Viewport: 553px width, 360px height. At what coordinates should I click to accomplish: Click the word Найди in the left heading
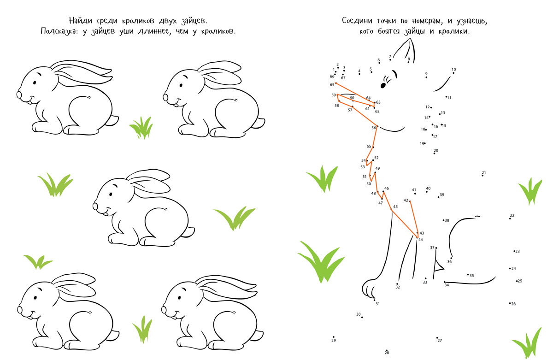pyautogui.click(x=81, y=21)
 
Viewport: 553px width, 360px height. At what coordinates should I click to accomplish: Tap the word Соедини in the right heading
pyautogui.click(x=357, y=21)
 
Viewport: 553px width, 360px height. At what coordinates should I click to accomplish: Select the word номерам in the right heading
pyautogui.click(x=427, y=22)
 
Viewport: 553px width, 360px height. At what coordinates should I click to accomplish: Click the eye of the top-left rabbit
pyautogui.click(x=35, y=83)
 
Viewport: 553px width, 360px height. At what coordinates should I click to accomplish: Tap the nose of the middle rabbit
pyautogui.click(x=95, y=206)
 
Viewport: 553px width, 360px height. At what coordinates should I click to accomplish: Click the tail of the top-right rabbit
pyautogui.click(x=259, y=123)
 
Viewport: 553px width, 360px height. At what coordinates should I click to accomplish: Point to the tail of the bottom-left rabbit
pyautogui.click(x=113, y=335)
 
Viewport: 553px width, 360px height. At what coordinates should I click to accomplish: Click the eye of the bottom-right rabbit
pyautogui.click(x=179, y=297)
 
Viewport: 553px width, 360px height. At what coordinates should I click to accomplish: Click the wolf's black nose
pyautogui.click(x=383, y=85)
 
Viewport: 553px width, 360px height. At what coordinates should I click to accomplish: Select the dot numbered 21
pyautogui.click(x=482, y=176)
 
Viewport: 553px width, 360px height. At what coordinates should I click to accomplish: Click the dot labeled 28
pyautogui.click(x=386, y=350)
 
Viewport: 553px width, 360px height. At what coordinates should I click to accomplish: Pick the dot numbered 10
pyautogui.click(x=453, y=73)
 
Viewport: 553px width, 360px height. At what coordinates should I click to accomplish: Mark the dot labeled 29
pyautogui.click(x=334, y=337)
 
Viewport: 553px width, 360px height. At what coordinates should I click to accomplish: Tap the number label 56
pyautogui.click(x=374, y=128)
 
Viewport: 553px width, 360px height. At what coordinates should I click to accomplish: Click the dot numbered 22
pyautogui.click(x=510, y=218)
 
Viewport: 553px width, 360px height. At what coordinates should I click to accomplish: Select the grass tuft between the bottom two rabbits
pyautogui.click(x=142, y=329)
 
